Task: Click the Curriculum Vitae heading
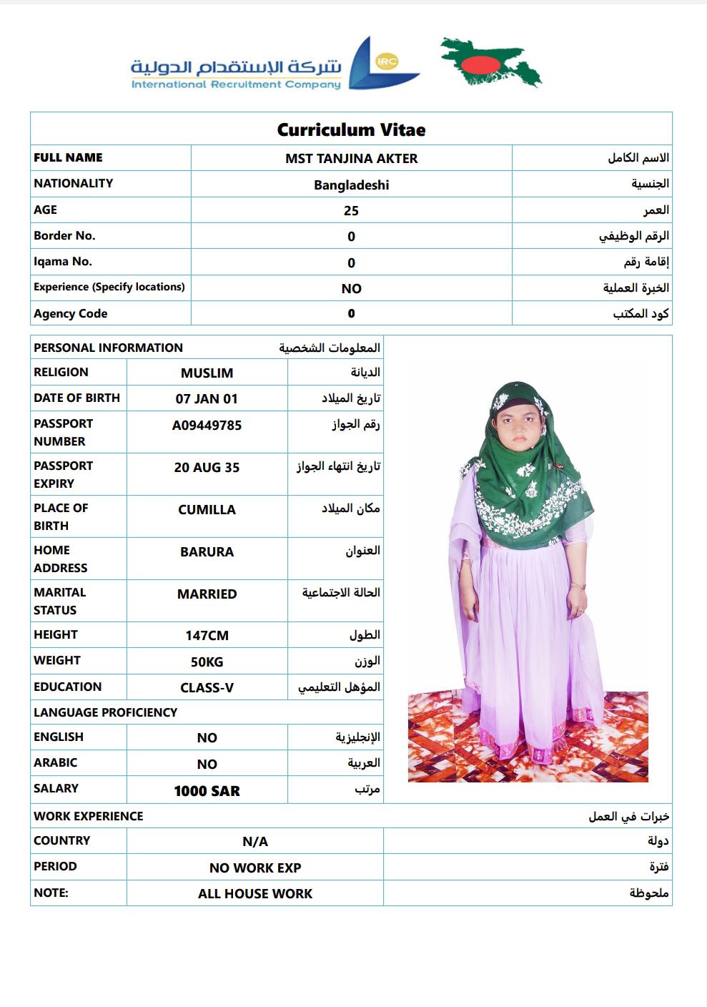[x=351, y=130]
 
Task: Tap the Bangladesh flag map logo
[x=491, y=63]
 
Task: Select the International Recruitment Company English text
[x=236, y=85]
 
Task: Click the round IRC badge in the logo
[x=387, y=62]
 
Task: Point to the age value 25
[x=351, y=211]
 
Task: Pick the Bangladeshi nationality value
[x=351, y=185]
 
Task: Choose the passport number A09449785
[x=207, y=426]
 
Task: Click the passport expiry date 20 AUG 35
[x=207, y=468]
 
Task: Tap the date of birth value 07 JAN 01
[x=207, y=399]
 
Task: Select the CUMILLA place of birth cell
[x=207, y=510]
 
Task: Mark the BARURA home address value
[x=207, y=552]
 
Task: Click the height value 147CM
[x=207, y=636]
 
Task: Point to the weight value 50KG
[x=207, y=662]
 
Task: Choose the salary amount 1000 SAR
[x=207, y=791]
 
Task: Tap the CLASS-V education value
[x=207, y=688]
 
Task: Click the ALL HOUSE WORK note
[x=255, y=894]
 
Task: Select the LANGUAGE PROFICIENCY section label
[x=105, y=712]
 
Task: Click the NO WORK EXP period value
[x=255, y=868]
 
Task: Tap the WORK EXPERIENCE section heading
[x=88, y=816]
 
